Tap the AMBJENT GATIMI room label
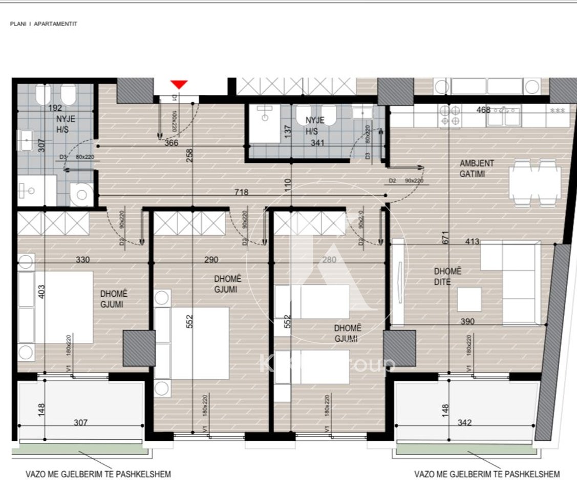click(477, 169)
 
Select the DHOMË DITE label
click(447, 276)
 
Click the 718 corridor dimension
click(241, 193)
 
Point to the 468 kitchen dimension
click(483, 110)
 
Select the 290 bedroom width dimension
click(210, 260)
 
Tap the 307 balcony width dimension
click(80, 423)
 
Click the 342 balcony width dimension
click(464, 423)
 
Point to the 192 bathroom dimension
click(55, 108)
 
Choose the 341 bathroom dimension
click(317, 143)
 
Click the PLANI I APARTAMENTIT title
click(44, 24)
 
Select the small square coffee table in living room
click(469, 299)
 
